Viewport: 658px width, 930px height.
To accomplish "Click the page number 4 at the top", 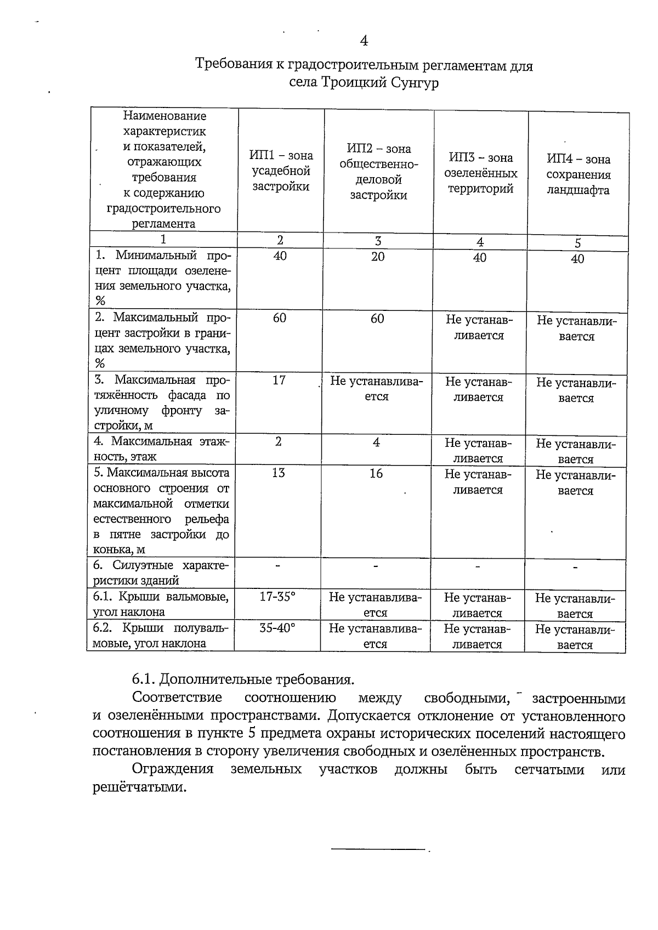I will click(364, 41).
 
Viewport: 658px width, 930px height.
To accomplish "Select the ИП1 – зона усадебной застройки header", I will click(280, 171).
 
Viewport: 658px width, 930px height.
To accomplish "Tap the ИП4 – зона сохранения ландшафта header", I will click(578, 175).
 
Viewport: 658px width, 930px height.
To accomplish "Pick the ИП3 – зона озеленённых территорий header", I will click(480, 173).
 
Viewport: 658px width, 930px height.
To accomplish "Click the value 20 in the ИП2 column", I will click(378, 257).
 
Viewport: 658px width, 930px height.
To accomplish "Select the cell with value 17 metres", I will click(279, 380).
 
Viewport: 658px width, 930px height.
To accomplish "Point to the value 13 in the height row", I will click(279, 473).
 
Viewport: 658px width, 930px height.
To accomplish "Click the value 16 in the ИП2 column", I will click(376, 474).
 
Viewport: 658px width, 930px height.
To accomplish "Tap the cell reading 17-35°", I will click(277, 597).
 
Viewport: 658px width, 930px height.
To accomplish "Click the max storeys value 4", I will click(376, 442).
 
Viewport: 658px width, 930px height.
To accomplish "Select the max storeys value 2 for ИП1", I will click(279, 442).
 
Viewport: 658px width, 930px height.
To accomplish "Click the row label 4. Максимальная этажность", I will click(162, 449).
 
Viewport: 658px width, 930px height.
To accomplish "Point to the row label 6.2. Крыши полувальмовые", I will click(161, 636).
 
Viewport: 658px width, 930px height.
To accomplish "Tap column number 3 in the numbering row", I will click(378, 241).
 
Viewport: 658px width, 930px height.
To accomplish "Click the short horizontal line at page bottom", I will click(378, 850).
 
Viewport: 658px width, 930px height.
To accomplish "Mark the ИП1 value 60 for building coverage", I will click(280, 319).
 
